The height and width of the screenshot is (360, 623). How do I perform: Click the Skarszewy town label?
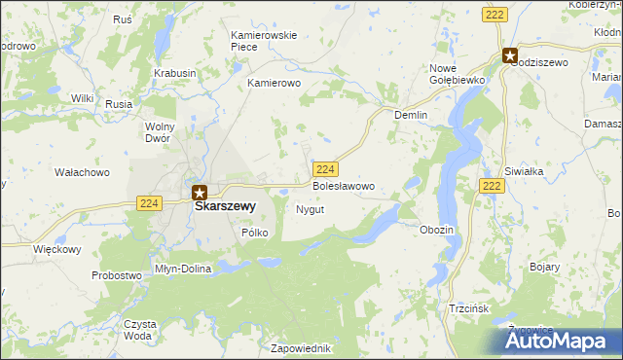225,206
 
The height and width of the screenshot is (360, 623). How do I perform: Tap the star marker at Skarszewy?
200,193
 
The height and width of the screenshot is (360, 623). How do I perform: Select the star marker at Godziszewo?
510,55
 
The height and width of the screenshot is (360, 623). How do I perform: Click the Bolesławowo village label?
343,185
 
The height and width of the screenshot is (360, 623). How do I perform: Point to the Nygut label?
310,209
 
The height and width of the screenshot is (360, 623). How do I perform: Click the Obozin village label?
437,230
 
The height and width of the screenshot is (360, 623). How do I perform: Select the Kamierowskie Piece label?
264,41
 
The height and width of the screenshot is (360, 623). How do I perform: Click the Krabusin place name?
175,73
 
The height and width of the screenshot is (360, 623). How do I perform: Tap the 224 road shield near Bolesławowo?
326,167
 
